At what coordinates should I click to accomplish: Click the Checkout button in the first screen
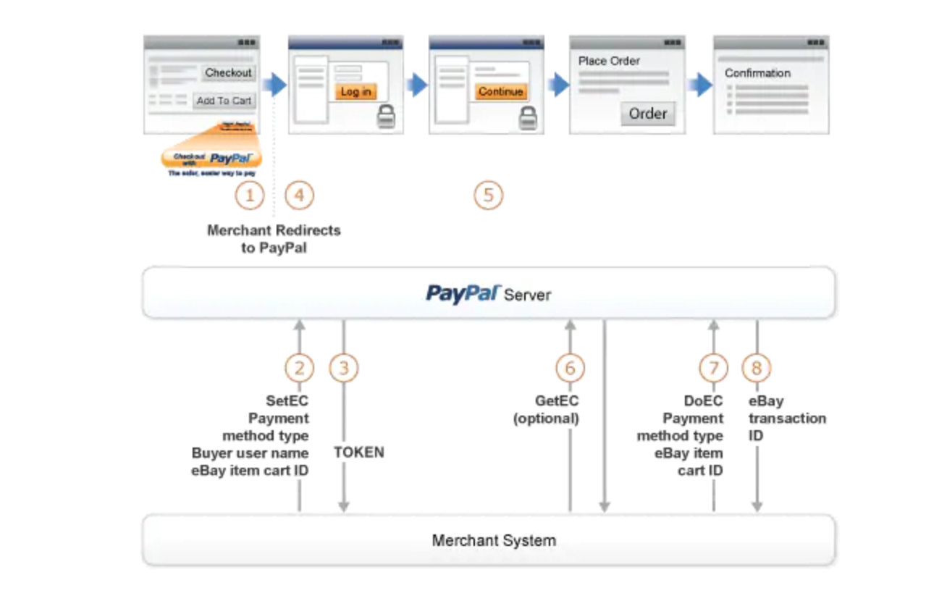coord(228,72)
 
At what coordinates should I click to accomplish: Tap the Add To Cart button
coord(224,101)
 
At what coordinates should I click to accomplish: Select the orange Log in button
coord(355,92)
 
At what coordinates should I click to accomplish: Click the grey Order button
coord(647,114)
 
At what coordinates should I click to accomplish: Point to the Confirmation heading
coord(757,73)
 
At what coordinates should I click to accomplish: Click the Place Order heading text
coord(609,61)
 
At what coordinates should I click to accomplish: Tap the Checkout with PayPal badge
coord(211,158)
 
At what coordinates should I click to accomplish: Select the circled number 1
coord(250,196)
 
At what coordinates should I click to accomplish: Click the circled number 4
coord(299,196)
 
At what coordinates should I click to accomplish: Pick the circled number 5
coord(488,196)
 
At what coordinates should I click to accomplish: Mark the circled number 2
coord(299,369)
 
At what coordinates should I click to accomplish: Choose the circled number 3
coord(344,369)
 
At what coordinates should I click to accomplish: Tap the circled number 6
coord(570,369)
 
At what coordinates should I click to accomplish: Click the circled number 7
coord(713,369)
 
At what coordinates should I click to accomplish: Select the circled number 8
coord(757,369)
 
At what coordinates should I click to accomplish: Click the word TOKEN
coord(359,453)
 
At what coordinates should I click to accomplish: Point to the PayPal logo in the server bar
coord(463,293)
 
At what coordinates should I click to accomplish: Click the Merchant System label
coord(494,540)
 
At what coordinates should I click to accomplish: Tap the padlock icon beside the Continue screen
coord(528,119)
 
